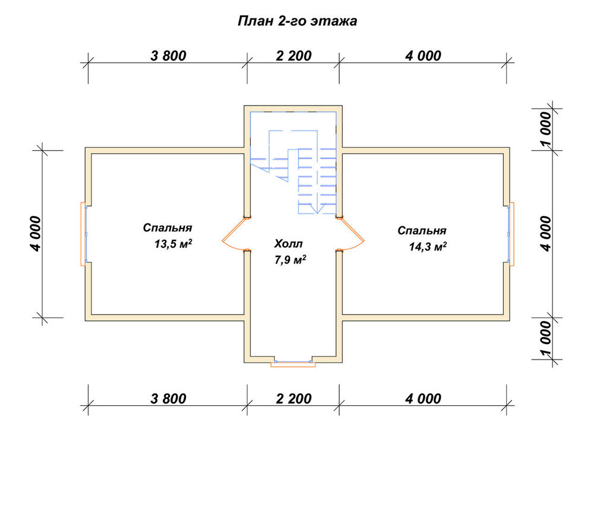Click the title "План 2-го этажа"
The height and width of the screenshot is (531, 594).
298,21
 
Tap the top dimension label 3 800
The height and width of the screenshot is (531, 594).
168,56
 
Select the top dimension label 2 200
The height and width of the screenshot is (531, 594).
293,56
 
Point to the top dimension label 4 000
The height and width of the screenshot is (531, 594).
423,56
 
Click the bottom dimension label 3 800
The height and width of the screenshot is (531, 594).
168,399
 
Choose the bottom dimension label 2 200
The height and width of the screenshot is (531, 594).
293,399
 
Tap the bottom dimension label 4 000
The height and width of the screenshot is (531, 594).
423,399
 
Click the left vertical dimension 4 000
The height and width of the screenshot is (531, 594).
35,234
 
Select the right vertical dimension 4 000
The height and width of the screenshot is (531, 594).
546,234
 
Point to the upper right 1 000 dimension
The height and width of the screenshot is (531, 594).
546,129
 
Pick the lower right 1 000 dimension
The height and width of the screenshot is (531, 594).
546,338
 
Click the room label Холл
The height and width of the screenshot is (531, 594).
288,243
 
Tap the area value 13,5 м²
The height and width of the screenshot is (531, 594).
173,244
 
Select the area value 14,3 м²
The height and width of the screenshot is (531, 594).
427,247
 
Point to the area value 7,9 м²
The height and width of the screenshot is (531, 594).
290,260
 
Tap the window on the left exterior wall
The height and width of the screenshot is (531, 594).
84,234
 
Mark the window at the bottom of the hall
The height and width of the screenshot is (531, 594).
293,364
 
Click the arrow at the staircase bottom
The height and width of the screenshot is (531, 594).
317,208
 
